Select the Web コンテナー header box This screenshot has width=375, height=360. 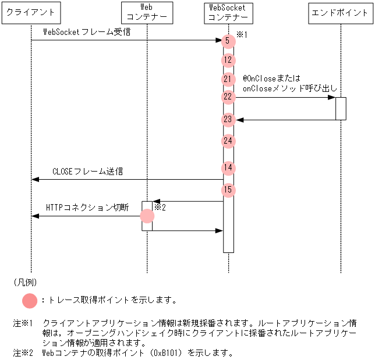click(147, 12)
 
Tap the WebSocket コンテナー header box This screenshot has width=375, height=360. click(228, 12)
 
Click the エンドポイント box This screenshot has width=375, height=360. click(340, 12)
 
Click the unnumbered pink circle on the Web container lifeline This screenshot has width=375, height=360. click(147, 216)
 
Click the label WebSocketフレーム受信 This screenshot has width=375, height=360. click(87, 31)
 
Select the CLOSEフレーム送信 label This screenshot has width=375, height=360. click(88, 172)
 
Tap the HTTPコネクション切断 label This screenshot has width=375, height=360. click(87, 208)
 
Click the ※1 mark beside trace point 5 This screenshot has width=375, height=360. click(242, 35)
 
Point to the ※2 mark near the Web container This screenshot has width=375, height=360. click(160, 207)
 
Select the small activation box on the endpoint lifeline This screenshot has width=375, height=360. click(341, 108)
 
